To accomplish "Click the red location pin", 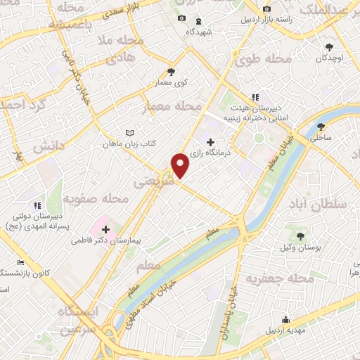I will click(181, 165).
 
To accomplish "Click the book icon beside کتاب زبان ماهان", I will click(128, 132).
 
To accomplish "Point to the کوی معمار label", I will click(171, 82).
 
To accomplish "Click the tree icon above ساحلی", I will click(321, 127).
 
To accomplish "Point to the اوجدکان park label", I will click(330, 58).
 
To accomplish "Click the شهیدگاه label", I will click(200, 32).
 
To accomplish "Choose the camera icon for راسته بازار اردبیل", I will click(267, 9).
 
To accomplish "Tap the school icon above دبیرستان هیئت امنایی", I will click(255, 97).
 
